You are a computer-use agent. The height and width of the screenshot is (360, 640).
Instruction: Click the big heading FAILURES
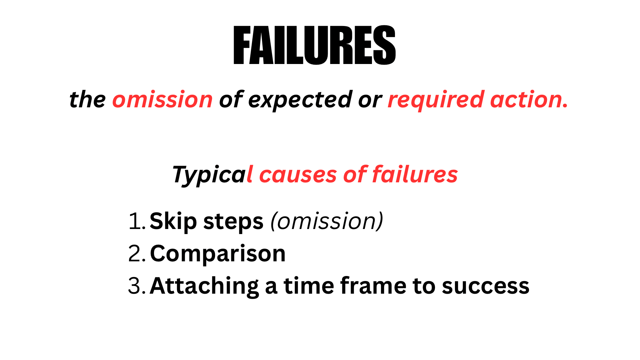click(x=315, y=45)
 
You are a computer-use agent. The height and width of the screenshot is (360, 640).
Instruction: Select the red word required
click(x=436, y=100)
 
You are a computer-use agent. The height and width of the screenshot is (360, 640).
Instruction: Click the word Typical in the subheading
click(x=213, y=175)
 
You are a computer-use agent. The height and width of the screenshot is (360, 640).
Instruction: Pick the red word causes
click(x=298, y=175)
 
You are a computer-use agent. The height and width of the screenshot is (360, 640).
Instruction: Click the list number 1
click(x=137, y=221)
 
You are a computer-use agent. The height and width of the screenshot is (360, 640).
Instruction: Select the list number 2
click(x=137, y=253)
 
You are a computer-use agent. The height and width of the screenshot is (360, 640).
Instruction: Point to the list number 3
click(x=137, y=286)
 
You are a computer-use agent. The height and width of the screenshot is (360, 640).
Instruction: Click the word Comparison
click(x=218, y=254)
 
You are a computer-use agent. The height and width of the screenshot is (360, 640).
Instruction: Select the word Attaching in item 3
click(x=204, y=286)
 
